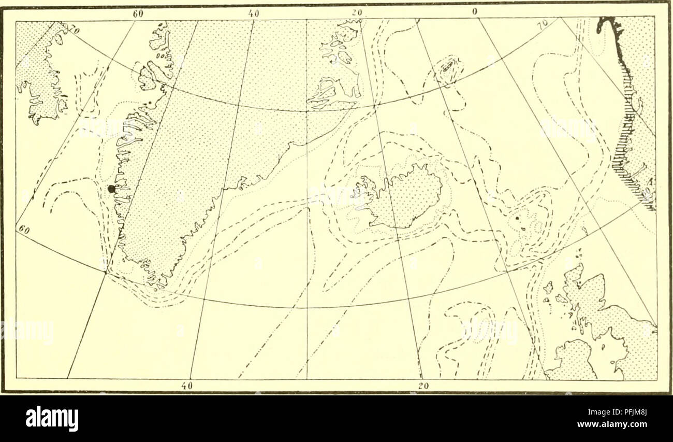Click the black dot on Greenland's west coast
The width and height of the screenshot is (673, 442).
110,190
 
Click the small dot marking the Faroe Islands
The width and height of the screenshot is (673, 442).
517,219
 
